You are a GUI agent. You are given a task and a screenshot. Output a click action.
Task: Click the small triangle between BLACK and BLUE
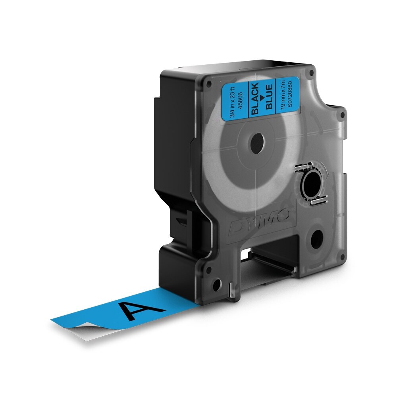pos(262,97)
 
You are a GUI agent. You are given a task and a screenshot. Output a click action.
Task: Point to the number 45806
pos(238,100)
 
